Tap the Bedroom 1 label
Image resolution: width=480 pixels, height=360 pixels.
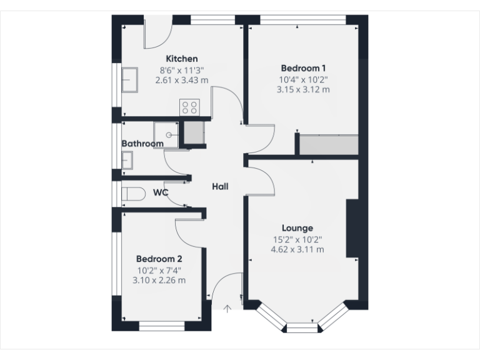coord(303,68)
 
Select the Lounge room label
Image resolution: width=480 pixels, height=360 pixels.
coord(297,228)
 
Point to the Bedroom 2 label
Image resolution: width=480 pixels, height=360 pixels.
coord(159,259)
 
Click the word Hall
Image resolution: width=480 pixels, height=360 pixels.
coord(220,186)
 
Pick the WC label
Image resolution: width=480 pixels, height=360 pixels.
coord(161,193)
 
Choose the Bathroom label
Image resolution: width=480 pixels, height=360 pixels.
coord(142,144)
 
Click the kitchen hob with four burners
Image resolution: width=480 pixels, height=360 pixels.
coord(190,107)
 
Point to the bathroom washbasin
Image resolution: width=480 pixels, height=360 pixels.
coord(127,161)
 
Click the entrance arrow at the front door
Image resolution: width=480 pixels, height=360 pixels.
coord(227,307)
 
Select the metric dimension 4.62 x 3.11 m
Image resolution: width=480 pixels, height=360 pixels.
coord(297,250)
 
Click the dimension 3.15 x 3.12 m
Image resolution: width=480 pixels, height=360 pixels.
coord(303,90)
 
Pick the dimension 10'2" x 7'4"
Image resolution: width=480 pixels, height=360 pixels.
coord(159,270)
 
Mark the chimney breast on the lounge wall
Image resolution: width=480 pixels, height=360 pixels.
coord(352,228)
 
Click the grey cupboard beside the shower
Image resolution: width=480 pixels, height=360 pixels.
coord(194,133)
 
